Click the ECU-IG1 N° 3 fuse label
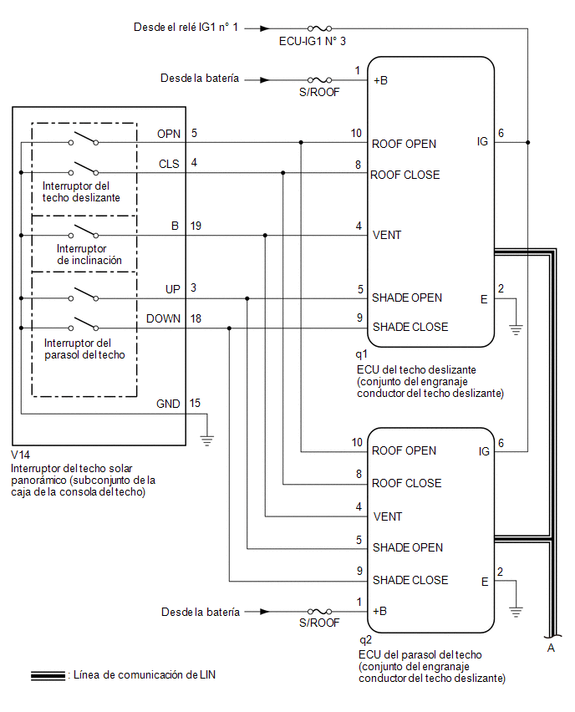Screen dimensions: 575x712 coord(312,41)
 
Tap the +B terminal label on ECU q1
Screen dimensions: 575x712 coord(380,80)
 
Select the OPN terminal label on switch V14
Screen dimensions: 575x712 coord(169,134)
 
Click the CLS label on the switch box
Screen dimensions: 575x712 coord(169,164)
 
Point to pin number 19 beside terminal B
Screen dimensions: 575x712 coord(196,226)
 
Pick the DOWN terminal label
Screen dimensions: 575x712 coord(164,318)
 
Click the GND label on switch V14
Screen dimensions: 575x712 coord(168,404)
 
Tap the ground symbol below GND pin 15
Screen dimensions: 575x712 coord(207,440)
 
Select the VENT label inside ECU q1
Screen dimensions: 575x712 coord(387,235)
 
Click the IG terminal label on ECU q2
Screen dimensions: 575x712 coord(484,451)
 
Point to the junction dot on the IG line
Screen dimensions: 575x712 coord(527,143)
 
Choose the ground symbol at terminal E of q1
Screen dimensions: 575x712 coord(516,329)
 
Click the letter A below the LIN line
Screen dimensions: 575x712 coord(551,648)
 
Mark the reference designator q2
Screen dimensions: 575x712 coord(365,640)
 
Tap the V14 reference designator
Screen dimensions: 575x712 coord(20,455)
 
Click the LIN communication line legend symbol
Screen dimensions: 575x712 coord(48,676)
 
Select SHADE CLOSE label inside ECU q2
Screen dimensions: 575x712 coord(410,580)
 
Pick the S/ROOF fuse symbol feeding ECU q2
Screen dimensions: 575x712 coord(320,612)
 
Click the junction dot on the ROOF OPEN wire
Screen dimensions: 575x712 coord(301,143)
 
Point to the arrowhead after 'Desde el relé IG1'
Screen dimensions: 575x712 coord(265,28)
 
